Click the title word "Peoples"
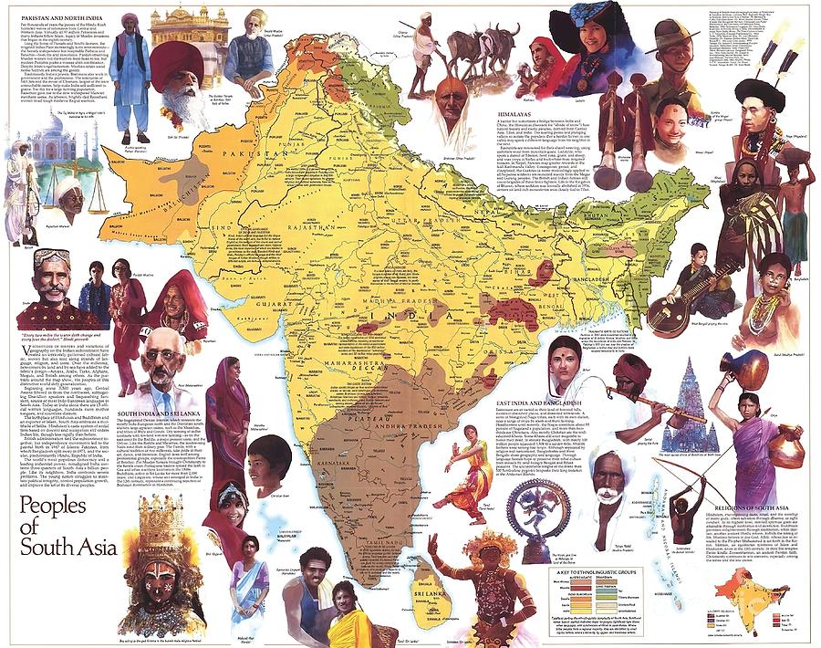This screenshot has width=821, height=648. (x=63, y=507)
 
